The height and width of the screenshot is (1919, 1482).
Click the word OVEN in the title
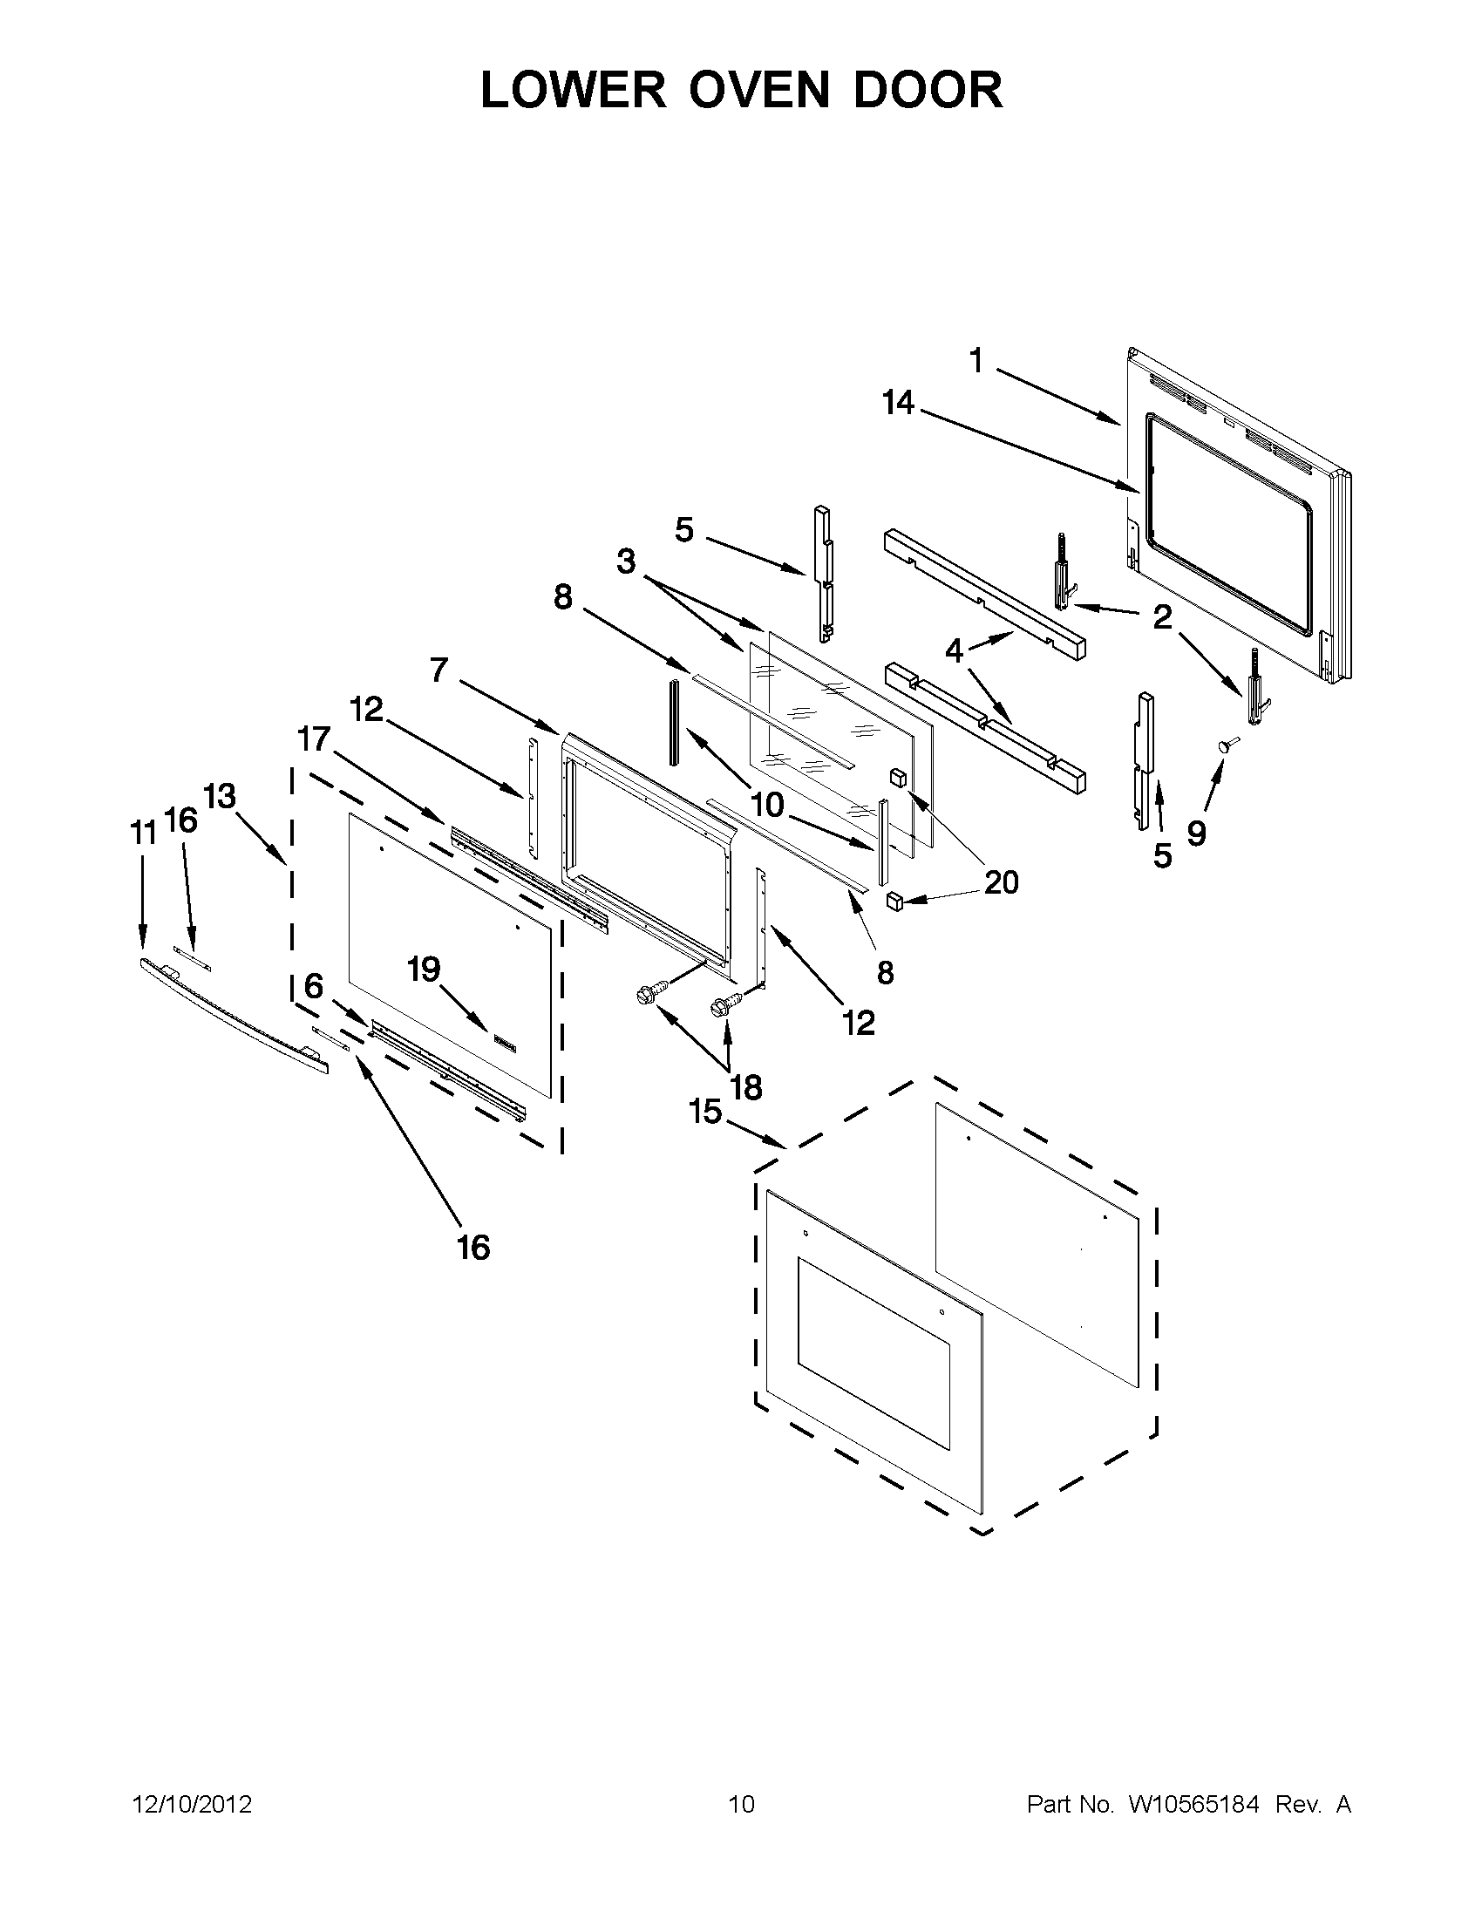tap(758, 92)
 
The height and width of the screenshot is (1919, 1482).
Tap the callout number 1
tap(976, 361)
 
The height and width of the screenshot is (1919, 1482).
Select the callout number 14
tap(899, 404)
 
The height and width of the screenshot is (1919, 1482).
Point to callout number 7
tap(439, 670)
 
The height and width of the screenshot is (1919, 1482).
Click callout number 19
tap(424, 970)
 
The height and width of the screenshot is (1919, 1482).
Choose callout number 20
tap(1002, 881)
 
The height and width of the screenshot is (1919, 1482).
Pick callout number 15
tap(705, 1112)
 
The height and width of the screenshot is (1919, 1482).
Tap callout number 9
tap(1196, 833)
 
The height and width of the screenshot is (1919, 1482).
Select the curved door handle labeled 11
tap(233, 1014)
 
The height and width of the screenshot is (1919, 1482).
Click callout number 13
tap(220, 796)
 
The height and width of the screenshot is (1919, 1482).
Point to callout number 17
tap(313, 739)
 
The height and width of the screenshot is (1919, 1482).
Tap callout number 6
tap(314, 986)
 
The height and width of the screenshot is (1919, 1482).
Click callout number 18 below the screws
tap(746, 1088)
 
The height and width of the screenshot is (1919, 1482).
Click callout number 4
tap(954, 651)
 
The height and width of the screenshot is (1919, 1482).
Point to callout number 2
tap(1162, 617)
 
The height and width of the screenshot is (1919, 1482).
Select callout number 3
tap(625, 561)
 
